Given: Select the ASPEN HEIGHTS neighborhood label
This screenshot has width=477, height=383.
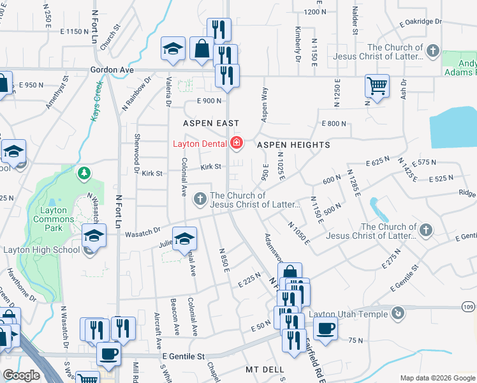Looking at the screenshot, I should click(293, 145).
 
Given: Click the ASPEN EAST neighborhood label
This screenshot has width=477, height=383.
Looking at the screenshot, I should click(211, 123).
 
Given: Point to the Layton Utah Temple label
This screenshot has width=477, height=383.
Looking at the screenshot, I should click(348, 314).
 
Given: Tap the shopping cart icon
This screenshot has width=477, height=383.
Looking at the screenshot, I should click(377, 85).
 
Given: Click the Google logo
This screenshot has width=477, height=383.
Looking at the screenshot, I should click(21, 375).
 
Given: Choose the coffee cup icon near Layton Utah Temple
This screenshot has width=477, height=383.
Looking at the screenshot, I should click(325, 328).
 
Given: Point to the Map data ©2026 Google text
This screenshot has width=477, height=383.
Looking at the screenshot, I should click(437, 378).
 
